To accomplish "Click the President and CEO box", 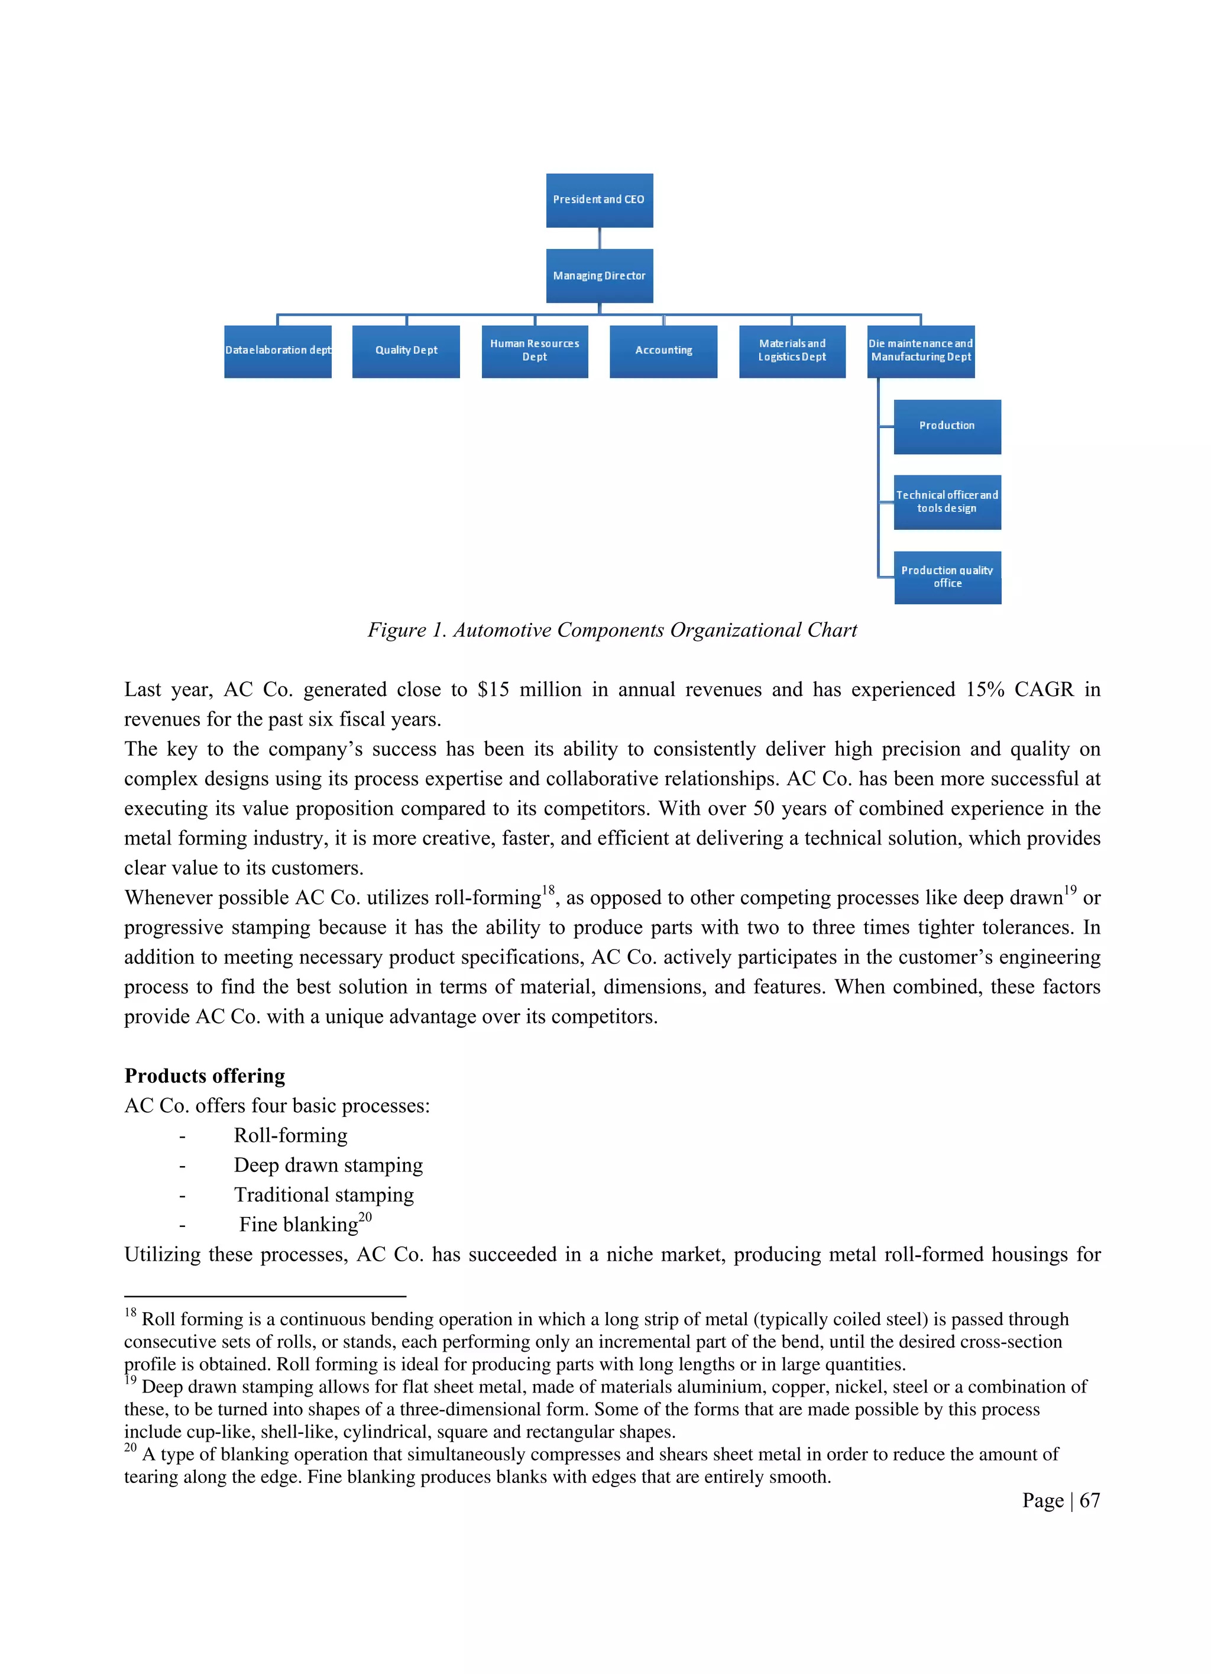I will tap(599, 200).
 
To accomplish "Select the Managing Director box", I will tap(599, 276).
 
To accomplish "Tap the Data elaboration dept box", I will tap(277, 351).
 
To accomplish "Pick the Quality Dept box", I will tap(406, 351).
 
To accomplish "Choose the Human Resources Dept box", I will tap(535, 351).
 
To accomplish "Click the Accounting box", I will tap(663, 351).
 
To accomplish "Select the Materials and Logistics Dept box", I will tap(792, 351).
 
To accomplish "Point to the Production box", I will tap(947, 426).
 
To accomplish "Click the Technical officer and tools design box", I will tap(947, 502).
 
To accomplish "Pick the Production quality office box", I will tap(947, 577).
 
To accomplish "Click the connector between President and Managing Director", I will tap(599, 238).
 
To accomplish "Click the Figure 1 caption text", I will tap(612, 630).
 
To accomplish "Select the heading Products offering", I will tap(205, 1076).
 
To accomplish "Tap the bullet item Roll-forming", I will tap(290, 1135).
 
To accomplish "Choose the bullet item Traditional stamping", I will tap(323, 1194).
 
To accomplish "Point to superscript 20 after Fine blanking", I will tap(365, 1217).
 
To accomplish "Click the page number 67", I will tap(1089, 1501).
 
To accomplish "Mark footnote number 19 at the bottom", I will tap(131, 1380).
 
